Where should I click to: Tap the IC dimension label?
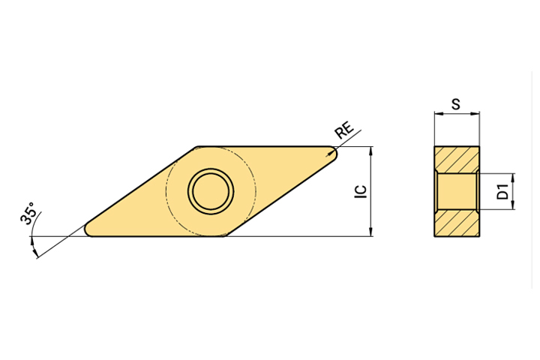tap(361, 191)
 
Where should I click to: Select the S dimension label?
tap(456, 103)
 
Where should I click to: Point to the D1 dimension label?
tap(503, 191)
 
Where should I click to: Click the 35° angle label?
tap(28, 214)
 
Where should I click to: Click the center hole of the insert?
tap(211, 191)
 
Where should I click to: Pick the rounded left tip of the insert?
tap(88, 229)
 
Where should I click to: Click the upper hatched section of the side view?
tap(457, 159)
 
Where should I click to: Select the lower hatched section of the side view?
tap(457, 223)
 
